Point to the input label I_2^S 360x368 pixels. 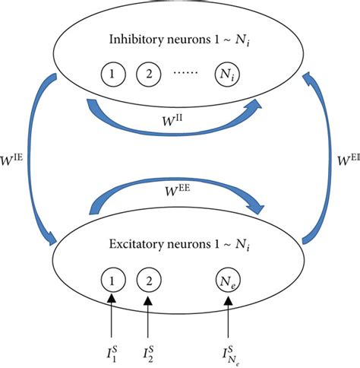coord(148,351)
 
